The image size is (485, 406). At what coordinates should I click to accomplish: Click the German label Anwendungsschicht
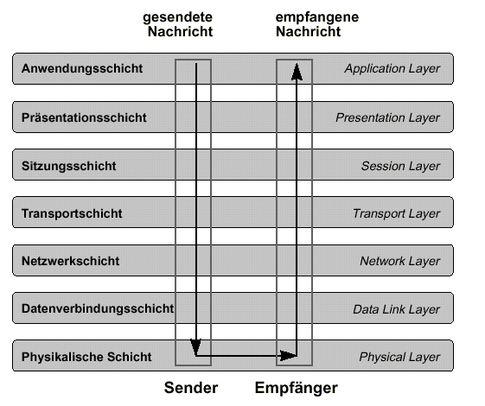[82, 68]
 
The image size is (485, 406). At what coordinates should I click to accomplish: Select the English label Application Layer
[392, 69]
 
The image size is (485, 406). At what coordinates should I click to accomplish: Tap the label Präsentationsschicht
[84, 117]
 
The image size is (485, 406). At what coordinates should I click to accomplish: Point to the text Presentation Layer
[387, 117]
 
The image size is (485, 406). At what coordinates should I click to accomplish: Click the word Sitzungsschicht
[68, 166]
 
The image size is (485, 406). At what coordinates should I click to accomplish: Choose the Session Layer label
[400, 166]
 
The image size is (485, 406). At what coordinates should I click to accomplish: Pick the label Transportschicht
[72, 213]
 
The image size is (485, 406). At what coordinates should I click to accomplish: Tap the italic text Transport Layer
[396, 214]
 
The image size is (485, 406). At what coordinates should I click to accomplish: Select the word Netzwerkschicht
[70, 261]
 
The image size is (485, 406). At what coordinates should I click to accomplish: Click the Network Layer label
[400, 262]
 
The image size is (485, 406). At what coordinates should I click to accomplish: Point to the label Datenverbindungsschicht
[98, 308]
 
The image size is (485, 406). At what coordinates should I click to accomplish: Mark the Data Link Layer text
[396, 309]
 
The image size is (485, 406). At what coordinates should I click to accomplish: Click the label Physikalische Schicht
[86, 357]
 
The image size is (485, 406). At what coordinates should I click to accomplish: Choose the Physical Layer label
[399, 357]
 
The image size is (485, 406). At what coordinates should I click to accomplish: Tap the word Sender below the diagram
[191, 388]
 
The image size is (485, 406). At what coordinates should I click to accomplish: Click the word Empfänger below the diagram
[297, 388]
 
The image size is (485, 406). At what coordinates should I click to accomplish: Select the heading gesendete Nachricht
[178, 24]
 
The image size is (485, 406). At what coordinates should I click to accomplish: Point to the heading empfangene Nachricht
[317, 24]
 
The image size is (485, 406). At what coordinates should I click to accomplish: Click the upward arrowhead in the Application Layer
[297, 72]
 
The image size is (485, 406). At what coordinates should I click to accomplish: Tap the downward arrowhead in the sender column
[195, 346]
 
